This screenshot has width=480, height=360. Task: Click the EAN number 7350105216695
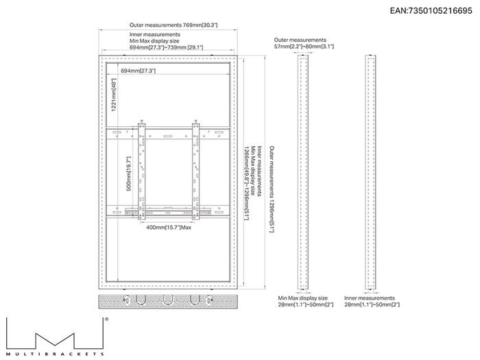pyautogui.click(x=440, y=11)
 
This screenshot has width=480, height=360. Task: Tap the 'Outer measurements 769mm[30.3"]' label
pyautogui.click(x=173, y=25)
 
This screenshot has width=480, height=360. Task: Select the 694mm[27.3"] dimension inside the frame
pyautogui.click(x=138, y=71)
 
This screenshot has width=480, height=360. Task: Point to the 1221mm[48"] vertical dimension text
pyautogui.click(x=114, y=95)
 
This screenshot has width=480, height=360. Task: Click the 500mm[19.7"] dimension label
pyautogui.click(x=129, y=173)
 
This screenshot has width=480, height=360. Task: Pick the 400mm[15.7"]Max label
pyautogui.click(x=169, y=227)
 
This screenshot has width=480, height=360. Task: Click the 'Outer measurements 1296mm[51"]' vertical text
pyautogui.click(x=272, y=189)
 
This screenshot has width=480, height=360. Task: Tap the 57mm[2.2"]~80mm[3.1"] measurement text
pyautogui.click(x=304, y=47)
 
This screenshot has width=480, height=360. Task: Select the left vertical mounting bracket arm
pyautogui.click(x=141, y=170)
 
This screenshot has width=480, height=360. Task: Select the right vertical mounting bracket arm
pyautogui.click(x=195, y=170)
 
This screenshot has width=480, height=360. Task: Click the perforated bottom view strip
pyautogui.click(x=168, y=302)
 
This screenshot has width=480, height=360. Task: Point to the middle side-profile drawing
pyautogui.click(x=303, y=172)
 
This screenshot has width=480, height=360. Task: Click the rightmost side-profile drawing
pyautogui.click(x=370, y=172)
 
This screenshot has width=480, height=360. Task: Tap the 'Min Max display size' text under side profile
pyautogui.click(x=303, y=298)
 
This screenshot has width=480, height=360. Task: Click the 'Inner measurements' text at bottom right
pyautogui.click(x=370, y=298)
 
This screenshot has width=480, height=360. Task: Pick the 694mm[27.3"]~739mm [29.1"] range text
pyautogui.click(x=166, y=47)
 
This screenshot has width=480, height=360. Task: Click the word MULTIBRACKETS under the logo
pyautogui.click(x=55, y=354)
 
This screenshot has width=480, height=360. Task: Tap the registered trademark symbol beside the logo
pyautogui.click(x=106, y=319)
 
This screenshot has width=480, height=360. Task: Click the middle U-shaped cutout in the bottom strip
pyautogui.click(x=168, y=300)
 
